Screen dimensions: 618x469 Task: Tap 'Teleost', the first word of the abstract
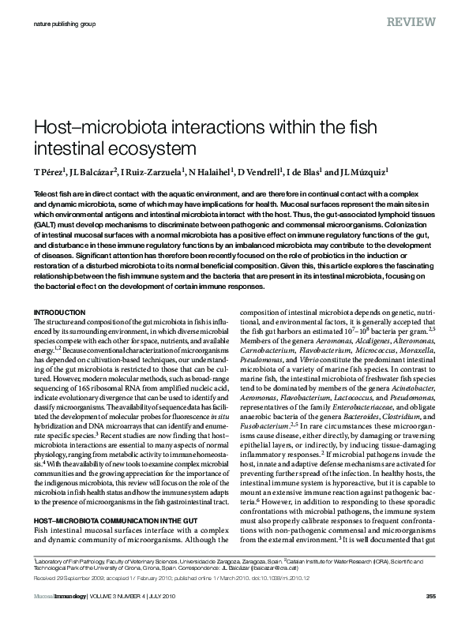pos(49,193)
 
